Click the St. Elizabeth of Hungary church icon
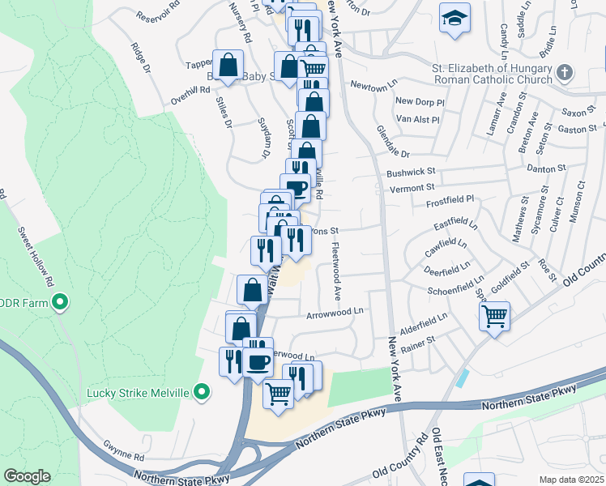click(x=565, y=74)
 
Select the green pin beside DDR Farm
click(x=59, y=304)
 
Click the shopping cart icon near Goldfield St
click(x=494, y=316)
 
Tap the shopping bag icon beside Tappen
click(x=228, y=65)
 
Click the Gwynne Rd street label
click(x=123, y=446)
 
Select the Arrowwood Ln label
click(x=335, y=310)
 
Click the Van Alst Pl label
click(x=416, y=119)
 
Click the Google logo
click(x=27, y=476)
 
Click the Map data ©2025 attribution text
click(x=571, y=479)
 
